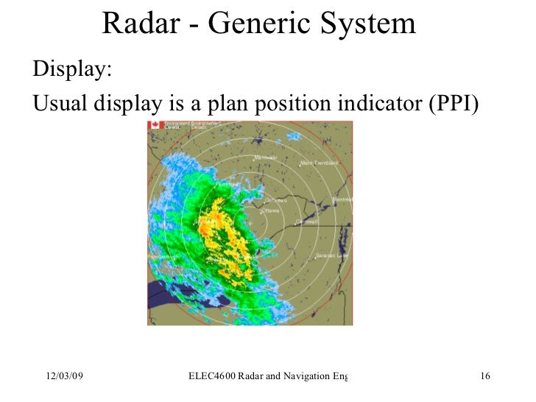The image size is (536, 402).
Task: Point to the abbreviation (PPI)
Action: (x=453, y=105)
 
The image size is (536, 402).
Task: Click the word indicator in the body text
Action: (x=375, y=105)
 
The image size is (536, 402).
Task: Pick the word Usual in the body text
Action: (x=60, y=105)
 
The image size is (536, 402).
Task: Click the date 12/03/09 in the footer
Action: (x=62, y=378)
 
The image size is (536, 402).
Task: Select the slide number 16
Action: (x=484, y=378)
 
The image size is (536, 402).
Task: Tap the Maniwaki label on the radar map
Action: (x=264, y=158)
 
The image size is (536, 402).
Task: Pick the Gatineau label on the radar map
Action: (x=275, y=200)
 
